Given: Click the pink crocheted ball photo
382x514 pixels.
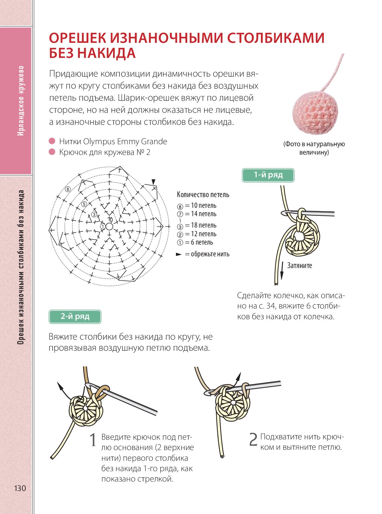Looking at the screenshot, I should point(315,111).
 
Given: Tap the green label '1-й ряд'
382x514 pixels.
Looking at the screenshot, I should point(268,175).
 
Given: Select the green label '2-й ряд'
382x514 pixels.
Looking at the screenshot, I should point(75,317).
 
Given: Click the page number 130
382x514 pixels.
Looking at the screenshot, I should point(20,488).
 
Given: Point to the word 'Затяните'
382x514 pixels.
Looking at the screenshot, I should point(299,266).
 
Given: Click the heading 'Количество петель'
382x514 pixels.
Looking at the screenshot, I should point(203,195).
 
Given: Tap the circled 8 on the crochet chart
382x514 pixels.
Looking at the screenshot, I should point(68,189).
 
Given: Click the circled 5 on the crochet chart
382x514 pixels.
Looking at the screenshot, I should point(84,204).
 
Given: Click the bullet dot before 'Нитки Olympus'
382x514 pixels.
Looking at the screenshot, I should point(52,141).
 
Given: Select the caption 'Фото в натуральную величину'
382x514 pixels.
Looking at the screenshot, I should point(314,148).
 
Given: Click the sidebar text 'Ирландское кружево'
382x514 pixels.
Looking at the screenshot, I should point(20,100).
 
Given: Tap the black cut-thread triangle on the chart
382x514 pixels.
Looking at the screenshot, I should point(154,182).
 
